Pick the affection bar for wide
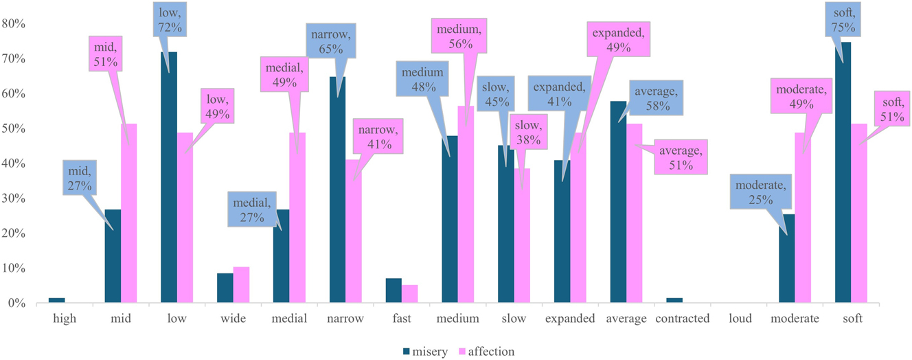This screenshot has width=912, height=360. (x=242, y=285)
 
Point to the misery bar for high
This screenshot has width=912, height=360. (x=56, y=300)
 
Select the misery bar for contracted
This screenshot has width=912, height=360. (x=674, y=300)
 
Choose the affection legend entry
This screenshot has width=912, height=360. (x=486, y=352)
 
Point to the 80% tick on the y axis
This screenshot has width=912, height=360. (x=14, y=24)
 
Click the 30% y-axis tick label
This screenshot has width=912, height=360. (x=14, y=199)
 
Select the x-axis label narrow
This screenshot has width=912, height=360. (x=345, y=319)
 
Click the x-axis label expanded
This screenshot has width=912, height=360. (x=570, y=319)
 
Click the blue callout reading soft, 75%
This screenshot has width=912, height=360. (x=843, y=19)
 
